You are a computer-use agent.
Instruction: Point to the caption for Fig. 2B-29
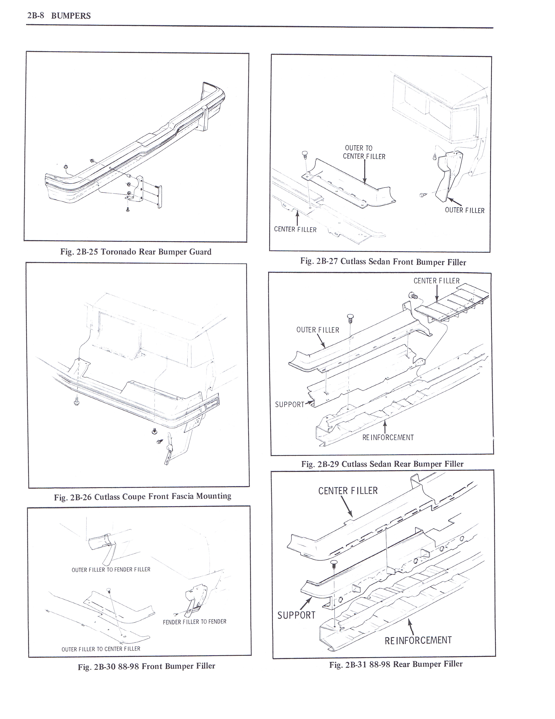tap(382, 464)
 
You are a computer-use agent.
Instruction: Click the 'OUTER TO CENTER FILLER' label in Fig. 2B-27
tap(364, 153)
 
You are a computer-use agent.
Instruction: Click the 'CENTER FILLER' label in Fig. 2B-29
tap(436, 281)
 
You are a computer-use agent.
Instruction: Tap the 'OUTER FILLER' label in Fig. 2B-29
tap(317, 330)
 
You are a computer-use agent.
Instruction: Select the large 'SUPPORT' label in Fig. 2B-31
tap(296, 615)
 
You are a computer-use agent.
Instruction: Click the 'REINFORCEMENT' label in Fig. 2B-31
tap(418, 640)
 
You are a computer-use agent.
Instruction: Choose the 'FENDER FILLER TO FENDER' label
tap(194, 622)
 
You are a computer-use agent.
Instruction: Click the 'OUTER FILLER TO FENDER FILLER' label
tap(111, 570)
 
